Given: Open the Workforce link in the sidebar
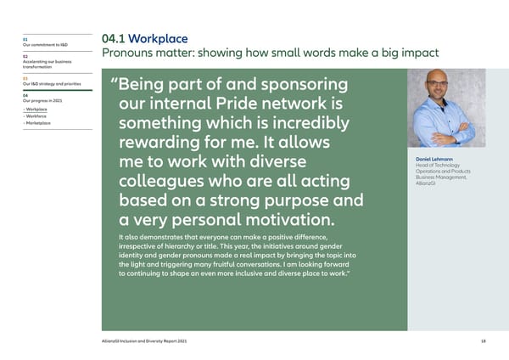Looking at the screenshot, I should pos(37,116).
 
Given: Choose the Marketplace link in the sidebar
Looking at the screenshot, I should pos(39,124).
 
